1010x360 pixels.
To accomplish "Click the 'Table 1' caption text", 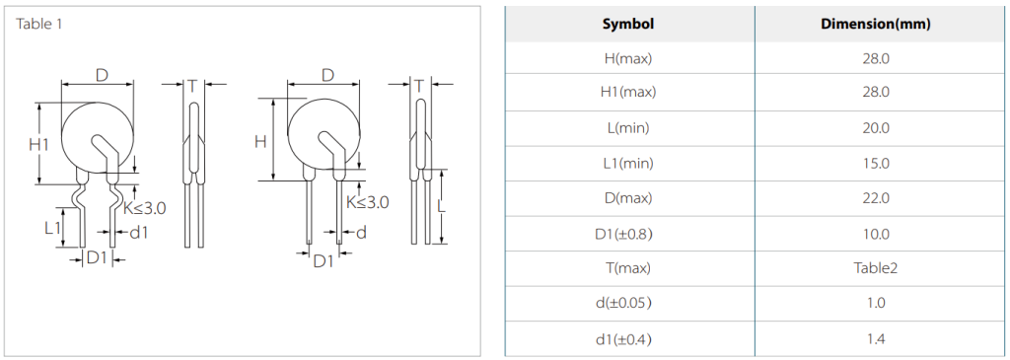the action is (x=38, y=25).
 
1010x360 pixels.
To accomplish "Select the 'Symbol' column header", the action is (x=628, y=25).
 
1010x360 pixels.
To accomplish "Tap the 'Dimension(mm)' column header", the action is (x=876, y=25).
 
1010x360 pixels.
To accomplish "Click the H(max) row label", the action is (x=628, y=58).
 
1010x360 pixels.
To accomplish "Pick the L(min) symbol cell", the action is (x=628, y=128).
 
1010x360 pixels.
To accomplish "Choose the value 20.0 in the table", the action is (x=876, y=128).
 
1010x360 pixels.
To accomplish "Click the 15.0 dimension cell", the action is (x=876, y=164).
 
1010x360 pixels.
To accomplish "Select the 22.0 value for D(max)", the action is (x=876, y=198).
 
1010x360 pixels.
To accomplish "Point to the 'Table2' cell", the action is (x=876, y=268).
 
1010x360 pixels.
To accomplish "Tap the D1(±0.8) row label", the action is (x=628, y=234).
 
